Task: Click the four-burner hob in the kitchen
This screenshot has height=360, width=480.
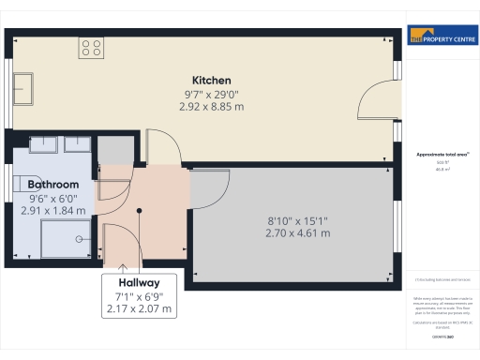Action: tap(91, 48)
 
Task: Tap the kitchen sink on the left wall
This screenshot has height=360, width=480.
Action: tap(22, 88)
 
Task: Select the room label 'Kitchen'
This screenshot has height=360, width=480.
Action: tap(211, 81)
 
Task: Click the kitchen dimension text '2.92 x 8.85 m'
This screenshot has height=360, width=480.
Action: tap(211, 107)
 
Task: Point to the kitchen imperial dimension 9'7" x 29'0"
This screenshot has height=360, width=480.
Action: tap(211, 94)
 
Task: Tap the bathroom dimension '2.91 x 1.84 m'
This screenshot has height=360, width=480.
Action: tap(52, 211)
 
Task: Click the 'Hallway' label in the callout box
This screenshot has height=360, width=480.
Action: tap(139, 282)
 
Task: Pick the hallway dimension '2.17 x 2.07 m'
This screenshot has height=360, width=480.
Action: tap(139, 308)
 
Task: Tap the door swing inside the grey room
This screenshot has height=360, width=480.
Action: tap(210, 188)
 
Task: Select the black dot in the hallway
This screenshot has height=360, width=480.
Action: tap(139, 211)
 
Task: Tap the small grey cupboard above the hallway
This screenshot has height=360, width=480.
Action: tap(116, 151)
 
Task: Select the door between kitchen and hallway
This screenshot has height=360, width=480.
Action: tap(163, 149)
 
